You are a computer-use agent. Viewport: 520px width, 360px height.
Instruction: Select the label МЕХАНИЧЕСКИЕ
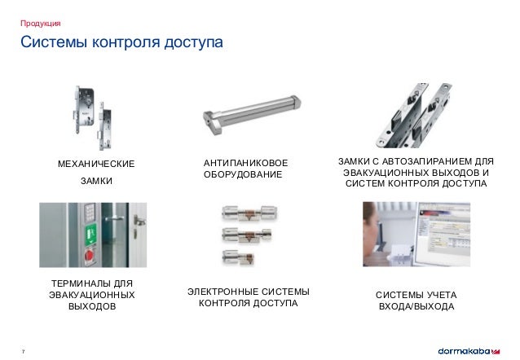point(96,165)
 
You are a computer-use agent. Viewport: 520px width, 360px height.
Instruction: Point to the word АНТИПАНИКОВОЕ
point(245,165)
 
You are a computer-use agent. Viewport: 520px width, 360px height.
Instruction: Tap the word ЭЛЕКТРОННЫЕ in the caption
point(215,292)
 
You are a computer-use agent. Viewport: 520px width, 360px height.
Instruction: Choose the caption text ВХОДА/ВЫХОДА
point(416,306)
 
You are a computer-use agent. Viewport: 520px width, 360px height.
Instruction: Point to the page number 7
point(23,351)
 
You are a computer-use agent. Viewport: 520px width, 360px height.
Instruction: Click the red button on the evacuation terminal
point(90,260)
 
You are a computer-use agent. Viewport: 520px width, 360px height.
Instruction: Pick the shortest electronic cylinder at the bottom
point(237,257)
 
